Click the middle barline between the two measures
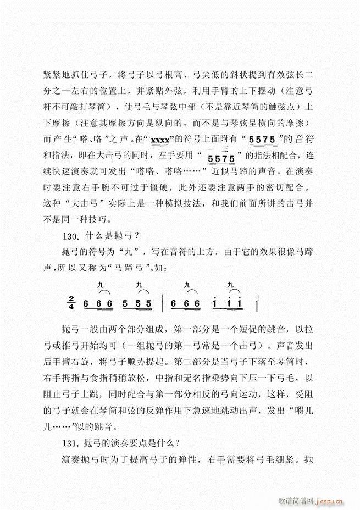tap(163, 303)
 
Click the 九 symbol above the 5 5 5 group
tap(139, 285)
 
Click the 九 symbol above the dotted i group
tap(231, 285)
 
